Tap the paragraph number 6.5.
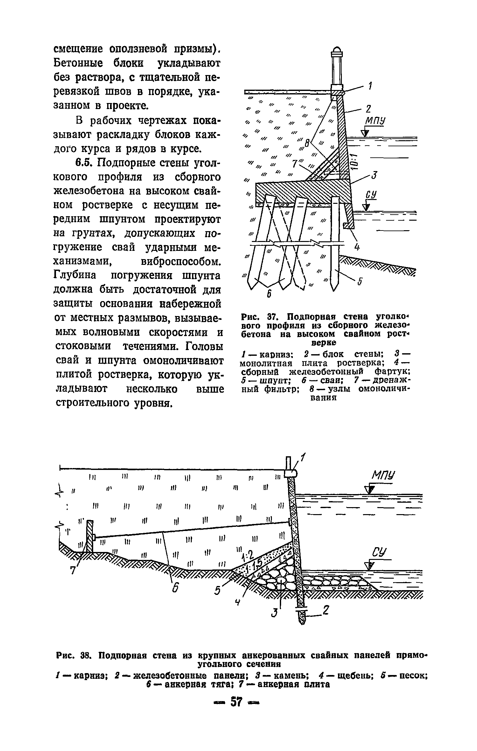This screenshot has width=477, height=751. point(84,163)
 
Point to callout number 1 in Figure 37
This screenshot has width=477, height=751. point(370,86)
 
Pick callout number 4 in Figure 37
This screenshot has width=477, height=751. point(357,247)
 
